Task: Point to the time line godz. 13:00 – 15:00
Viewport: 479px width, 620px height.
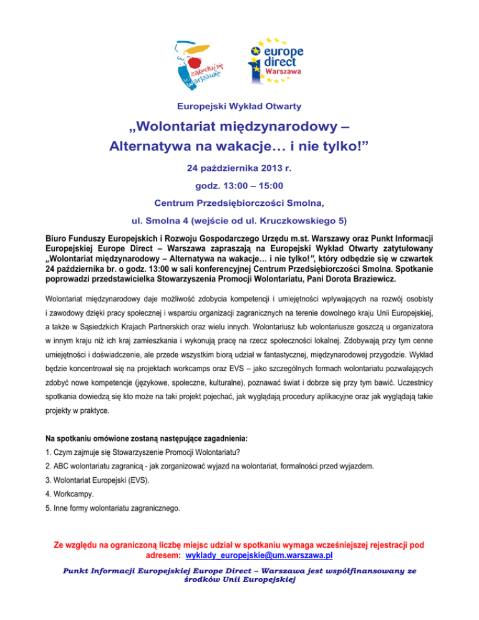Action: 239,185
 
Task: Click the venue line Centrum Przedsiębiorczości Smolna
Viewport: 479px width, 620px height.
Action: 239,202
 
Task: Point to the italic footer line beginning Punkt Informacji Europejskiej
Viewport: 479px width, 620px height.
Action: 239,571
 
